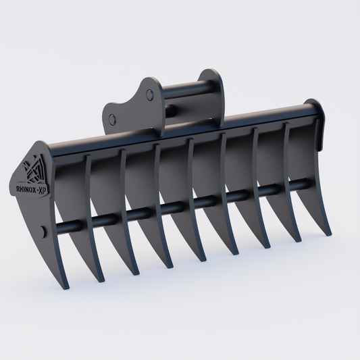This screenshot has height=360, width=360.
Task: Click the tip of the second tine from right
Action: tap(297, 240)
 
